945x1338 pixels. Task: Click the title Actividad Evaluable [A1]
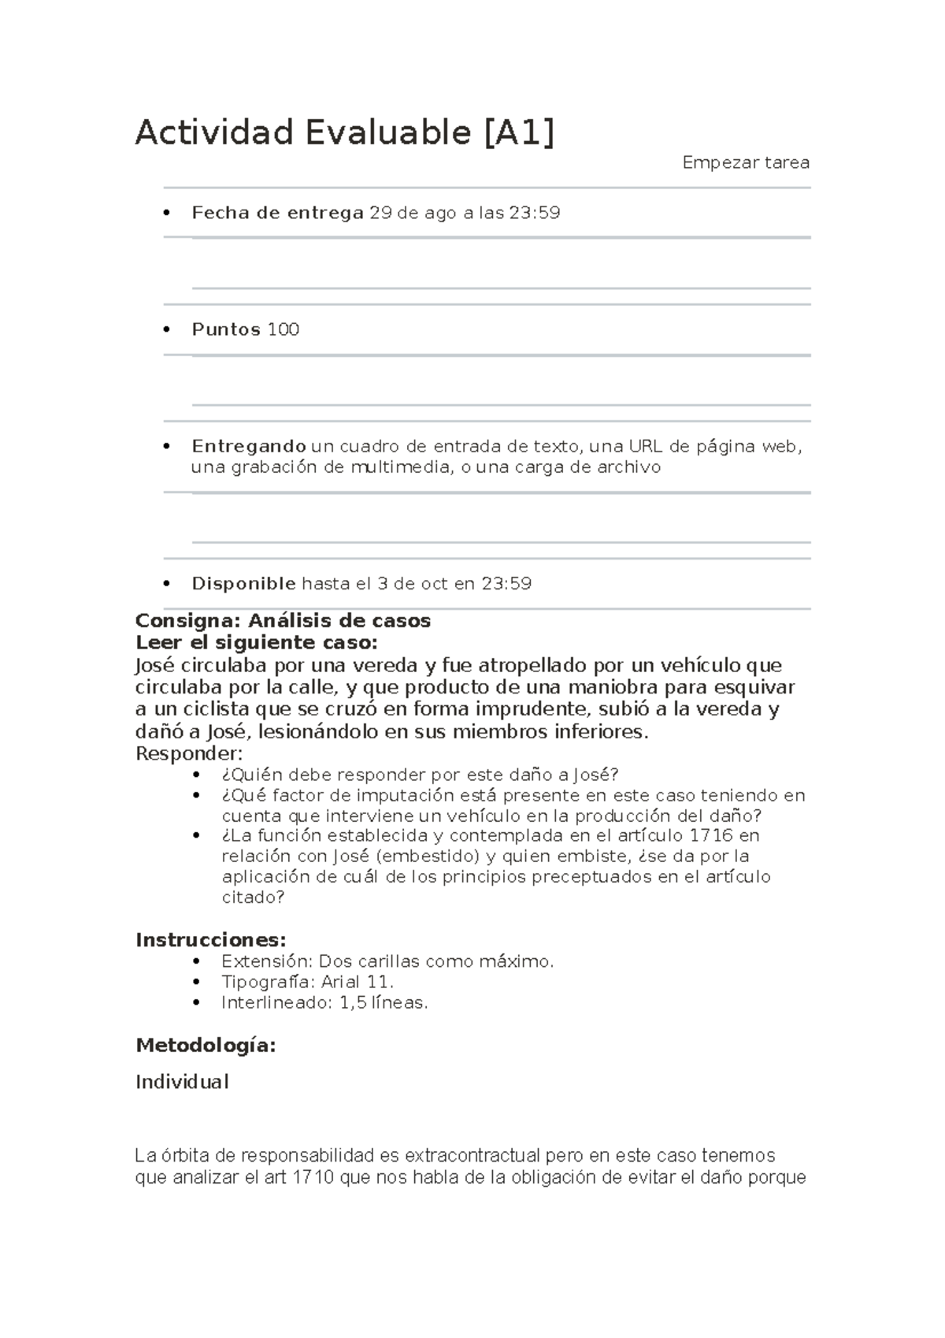(x=345, y=132)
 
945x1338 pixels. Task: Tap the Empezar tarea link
(x=745, y=163)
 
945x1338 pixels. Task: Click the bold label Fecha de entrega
(x=277, y=213)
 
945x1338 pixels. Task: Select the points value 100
(x=283, y=329)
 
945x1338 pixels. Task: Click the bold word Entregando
(x=248, y=447)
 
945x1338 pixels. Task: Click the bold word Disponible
(x=243, y=584)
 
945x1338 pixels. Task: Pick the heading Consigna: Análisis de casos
(x=283, y=621)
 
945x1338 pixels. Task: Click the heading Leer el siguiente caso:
(x=256, y=642)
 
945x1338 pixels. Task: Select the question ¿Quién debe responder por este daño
(x=420, y=775)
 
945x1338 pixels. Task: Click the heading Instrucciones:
(x=210, y=940)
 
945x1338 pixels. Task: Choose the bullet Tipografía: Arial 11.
(x=307, y=982)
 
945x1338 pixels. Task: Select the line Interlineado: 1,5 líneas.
(x=324, y=1003)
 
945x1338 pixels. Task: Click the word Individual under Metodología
(x=182, y=1082)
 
